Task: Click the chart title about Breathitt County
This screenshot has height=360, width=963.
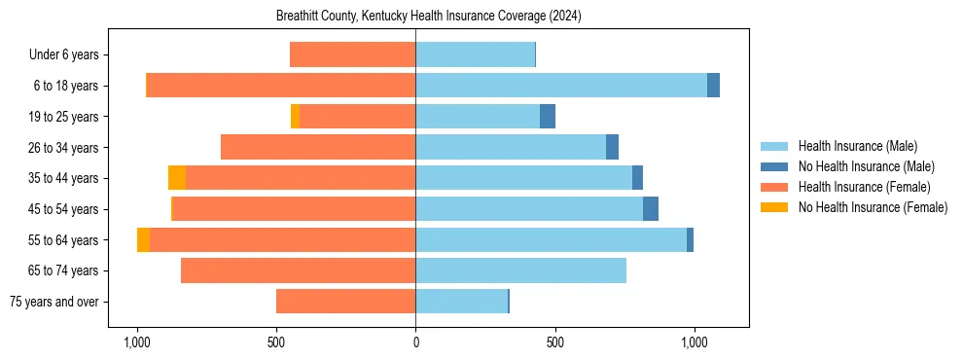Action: click(415, 16)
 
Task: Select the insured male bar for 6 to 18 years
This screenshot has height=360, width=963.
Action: click(561, 86)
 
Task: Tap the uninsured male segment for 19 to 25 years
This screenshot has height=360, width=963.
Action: click(548, 117)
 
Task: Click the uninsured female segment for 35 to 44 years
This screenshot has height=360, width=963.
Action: click(177, 178)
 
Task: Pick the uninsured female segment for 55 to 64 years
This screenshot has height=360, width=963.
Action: click(143, 240)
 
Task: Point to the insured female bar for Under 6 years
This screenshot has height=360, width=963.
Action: click(352, 54)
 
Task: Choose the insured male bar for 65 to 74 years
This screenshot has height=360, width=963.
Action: click(520, 270)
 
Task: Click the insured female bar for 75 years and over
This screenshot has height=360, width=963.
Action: click(345, 302)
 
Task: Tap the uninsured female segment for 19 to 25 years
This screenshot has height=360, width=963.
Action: click(295, 117)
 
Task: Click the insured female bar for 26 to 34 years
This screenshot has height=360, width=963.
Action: click(318, 148)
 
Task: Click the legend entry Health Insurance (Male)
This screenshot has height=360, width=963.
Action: click(857, 146)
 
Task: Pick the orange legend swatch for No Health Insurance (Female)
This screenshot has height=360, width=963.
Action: click(775, 207)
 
